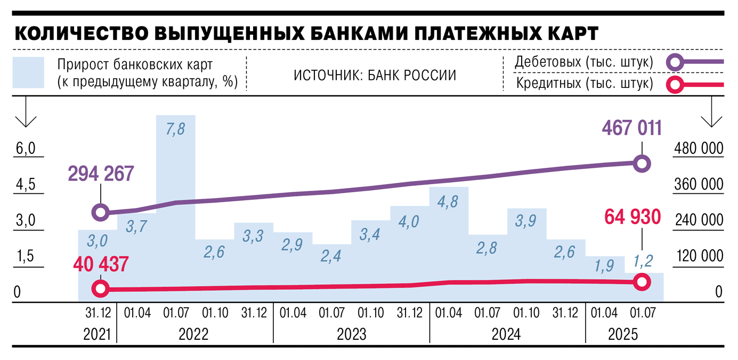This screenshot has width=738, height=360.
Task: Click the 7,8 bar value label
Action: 176,130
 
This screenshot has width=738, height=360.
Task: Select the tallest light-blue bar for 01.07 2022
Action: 176,213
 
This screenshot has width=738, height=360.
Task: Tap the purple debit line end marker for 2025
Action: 642,164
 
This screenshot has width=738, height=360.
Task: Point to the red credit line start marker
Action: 100,289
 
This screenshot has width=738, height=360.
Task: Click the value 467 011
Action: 632,128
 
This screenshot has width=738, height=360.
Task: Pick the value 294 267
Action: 101,174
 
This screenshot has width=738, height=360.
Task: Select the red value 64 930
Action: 632,217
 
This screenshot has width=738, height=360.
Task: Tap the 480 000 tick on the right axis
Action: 699,149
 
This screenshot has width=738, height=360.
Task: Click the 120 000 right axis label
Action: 699,257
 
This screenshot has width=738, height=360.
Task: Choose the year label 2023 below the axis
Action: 351,334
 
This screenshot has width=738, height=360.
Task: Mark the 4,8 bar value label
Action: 449,204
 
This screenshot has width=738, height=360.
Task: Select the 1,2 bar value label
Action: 643,260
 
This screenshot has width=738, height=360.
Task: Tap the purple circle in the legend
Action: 676,62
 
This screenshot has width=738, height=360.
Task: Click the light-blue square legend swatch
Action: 28,72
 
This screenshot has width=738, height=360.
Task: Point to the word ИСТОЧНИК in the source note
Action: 321,75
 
